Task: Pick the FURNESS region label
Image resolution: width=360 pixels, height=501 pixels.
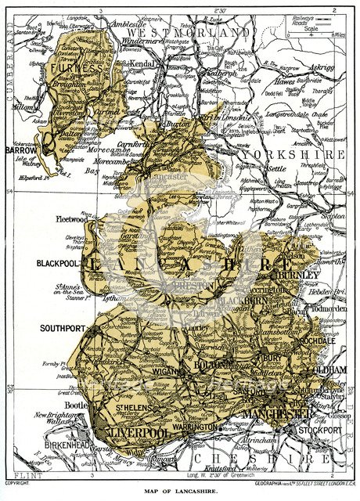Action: [x=77, y=69]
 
